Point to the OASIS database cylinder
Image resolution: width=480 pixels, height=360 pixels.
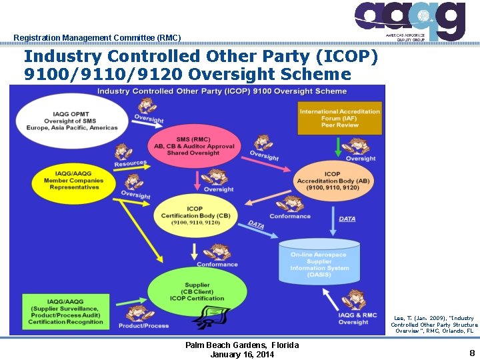point(319,265)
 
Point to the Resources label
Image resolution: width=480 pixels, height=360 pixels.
point(130,163)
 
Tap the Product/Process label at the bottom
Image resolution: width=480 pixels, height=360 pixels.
point(143,325)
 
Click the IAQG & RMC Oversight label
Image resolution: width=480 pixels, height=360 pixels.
point(357,319)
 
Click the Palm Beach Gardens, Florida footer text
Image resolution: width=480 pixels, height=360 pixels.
point(242,345)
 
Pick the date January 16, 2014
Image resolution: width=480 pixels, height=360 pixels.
point(242,354)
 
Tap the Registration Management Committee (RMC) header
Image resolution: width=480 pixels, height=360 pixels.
point(97,37)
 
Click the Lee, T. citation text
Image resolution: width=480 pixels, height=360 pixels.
point(434,324)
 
